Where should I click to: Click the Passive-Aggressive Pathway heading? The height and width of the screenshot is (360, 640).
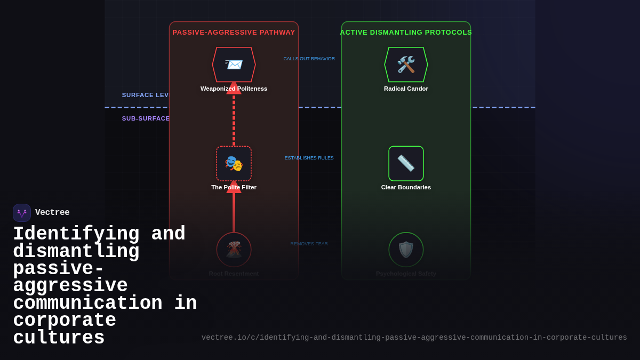tap(234, 33)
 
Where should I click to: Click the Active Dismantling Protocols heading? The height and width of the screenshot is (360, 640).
tap(406, 33)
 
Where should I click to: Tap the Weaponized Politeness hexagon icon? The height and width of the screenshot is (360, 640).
tap(234, 65)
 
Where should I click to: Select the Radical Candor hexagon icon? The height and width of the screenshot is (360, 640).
tap(406, 65)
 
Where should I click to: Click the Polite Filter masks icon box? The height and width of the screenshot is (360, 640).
tap(234, 163)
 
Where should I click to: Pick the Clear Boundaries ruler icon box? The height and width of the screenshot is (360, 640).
tap(406, 163)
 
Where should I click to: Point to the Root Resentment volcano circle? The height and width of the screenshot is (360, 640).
tap(234, 250)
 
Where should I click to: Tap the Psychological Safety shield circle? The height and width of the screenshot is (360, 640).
tap(406, 250)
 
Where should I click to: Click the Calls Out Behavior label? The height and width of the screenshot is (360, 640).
tap(309, 59)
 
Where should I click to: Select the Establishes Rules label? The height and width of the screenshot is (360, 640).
tap(309, 158)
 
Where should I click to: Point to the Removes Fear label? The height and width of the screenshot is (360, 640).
tap(309, 244)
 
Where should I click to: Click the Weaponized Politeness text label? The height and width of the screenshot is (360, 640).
tap(234, 89)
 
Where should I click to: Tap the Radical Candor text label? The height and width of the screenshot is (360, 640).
tap(406, 89)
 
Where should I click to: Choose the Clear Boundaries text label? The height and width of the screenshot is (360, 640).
tap(406, 187)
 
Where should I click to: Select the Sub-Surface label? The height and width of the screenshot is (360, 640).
tap(146, 118)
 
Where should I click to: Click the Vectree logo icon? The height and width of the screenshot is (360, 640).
tap(22, 213)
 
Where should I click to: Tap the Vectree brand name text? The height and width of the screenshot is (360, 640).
tap(52, 213)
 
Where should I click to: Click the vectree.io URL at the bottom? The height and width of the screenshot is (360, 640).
tap(414, 338)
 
